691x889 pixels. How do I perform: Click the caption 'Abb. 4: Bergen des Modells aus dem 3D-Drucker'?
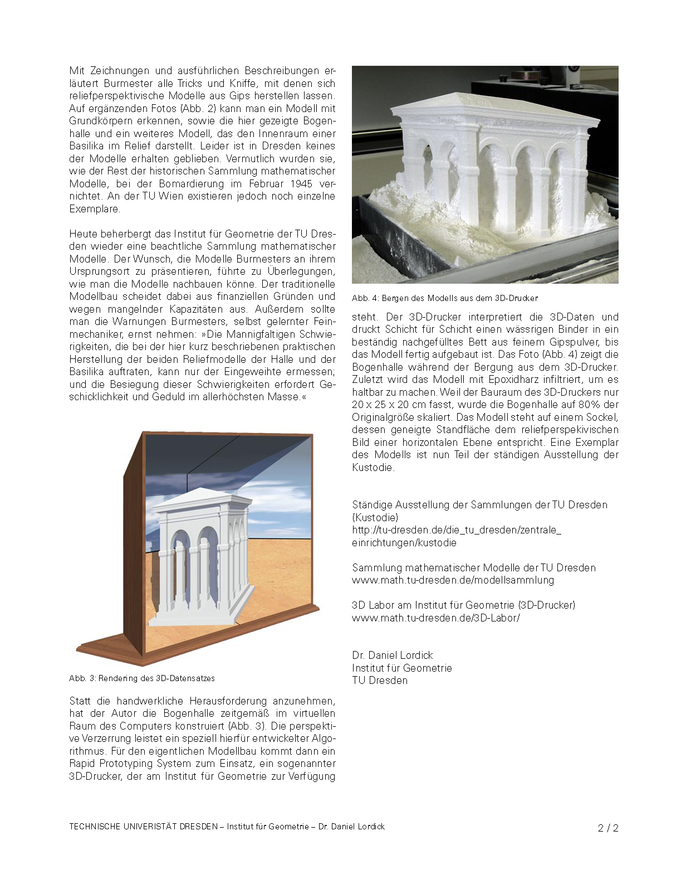pyautogui.click(x=445, y=298)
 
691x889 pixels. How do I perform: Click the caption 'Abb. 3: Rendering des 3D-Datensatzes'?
pyautogui.click(x=141, y=678)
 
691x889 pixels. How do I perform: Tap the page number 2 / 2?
pyautogui.click(x=608, y=828)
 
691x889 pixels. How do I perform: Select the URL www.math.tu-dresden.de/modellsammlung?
pyautogui.click(x=453, y=580)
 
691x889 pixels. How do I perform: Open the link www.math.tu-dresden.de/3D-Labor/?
pyautogui.click(x=435, y=618)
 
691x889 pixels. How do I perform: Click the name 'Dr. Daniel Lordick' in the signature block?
pyautogui.click(x=392, y=655)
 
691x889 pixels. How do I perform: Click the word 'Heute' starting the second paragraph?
pyautogui.click(x=82, y=234)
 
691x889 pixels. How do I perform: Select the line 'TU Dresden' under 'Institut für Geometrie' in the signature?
pyautogui.click(x=379, y=681)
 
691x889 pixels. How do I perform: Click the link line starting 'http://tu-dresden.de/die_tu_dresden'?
pyautogui.click(x=456, y=530)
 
